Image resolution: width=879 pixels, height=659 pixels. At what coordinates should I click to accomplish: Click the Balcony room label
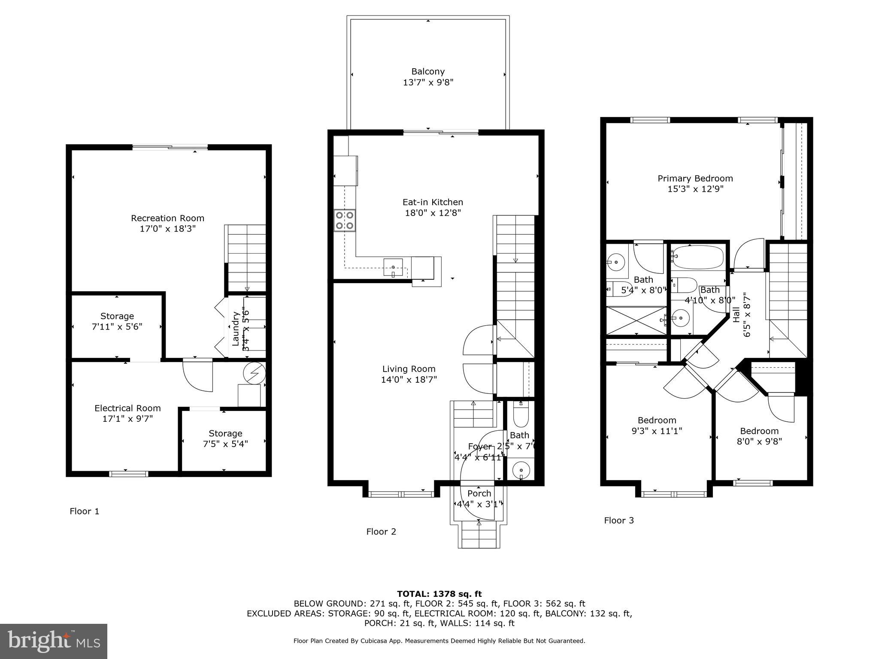click(428, 72)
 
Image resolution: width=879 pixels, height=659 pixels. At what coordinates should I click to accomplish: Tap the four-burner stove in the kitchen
click(345, 221)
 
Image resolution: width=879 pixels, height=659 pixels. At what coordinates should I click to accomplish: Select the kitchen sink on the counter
click(393, 267)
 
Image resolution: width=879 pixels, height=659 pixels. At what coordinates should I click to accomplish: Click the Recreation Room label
click(167, 218)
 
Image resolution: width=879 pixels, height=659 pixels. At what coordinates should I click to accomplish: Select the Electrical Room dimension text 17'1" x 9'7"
click(127, 419)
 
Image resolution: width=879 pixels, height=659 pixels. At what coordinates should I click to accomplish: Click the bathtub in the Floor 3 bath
click(697, 257)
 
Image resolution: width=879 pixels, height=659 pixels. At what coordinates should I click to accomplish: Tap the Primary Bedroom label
click(695, 178)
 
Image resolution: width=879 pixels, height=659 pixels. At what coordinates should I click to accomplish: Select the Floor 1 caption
click(85, 511)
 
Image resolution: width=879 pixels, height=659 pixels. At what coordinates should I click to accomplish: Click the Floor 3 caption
click(619, 520)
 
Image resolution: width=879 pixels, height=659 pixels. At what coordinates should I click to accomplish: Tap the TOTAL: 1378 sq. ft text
click(439, 594)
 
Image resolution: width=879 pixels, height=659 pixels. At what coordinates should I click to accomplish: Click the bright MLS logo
click(54, 641)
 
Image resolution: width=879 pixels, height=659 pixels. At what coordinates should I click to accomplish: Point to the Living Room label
click(409, 369)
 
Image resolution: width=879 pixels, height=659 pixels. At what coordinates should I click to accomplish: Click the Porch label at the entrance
click(479, 493)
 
